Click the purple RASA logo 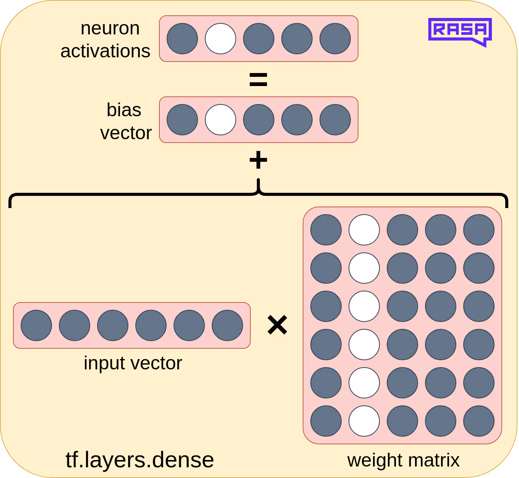click(x=460, y=31)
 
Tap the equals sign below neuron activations click(x=258, y=80)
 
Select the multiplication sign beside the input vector click(x=277, y=325)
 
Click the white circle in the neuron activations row click(x=221, y=39)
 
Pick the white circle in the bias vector click(x=221, y=120)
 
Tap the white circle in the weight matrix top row click(x=364, y=230)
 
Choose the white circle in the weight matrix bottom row click(x=364, y=421)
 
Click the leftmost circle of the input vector click(x=36, y=325)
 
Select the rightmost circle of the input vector click(x=227, y=325)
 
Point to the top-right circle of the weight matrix click(x=479, y=230)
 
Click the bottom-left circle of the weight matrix click(x=326, y=421)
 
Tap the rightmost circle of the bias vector click(x=335, y=120)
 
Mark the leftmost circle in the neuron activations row click(x=182, y=39)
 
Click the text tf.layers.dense click(x=139, y=460)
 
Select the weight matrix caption click(x=403, y=460)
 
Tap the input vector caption click(x=133, y=363)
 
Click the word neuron click(x=110, y=28)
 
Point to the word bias click(x=124, y=110)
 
